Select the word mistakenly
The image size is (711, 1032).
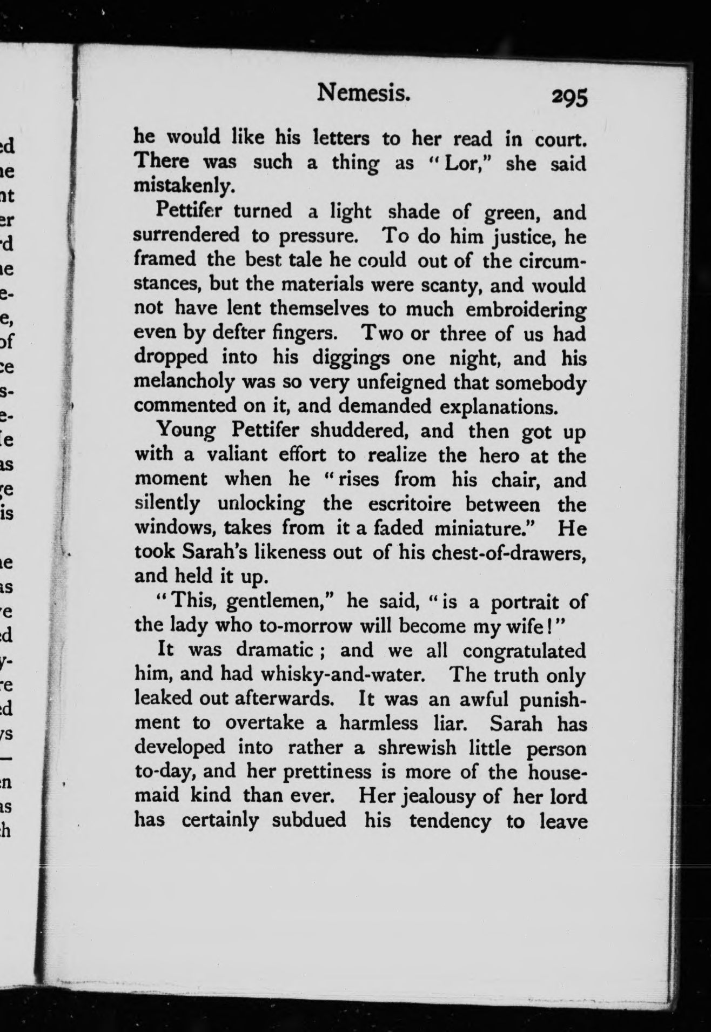pyautogui.click(x=184, y=186)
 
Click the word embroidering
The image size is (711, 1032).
pyautogui.click(x=525, y=310)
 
